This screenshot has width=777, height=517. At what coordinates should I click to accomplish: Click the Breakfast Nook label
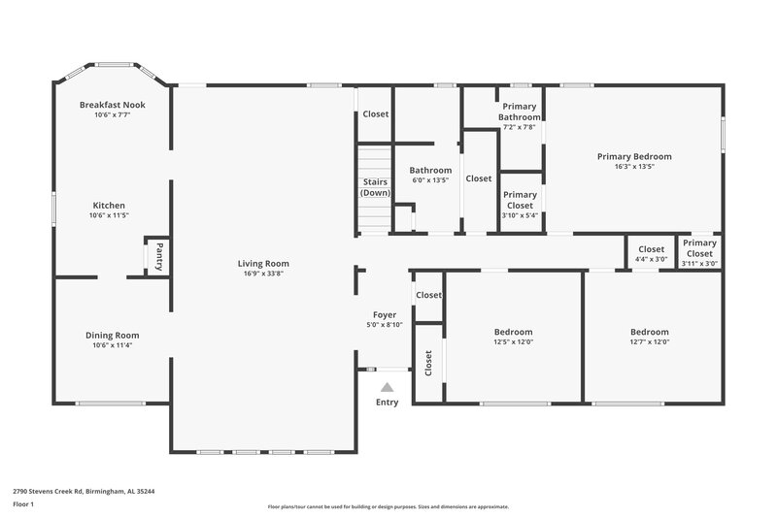point(112,104)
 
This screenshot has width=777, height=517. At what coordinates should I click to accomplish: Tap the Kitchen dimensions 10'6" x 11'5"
point(112,215)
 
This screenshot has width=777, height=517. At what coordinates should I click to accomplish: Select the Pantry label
point(158,257)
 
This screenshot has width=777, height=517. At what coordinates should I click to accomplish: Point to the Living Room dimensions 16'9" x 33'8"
point(263,274)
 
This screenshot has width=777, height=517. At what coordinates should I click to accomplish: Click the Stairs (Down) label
point(375,187)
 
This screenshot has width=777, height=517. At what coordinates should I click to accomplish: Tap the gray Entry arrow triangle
point(387,387)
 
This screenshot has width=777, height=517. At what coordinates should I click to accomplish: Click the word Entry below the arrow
point(387,403)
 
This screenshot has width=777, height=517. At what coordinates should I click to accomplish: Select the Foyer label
point(385,315)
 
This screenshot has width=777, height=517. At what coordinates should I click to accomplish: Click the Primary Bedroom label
point(633,156)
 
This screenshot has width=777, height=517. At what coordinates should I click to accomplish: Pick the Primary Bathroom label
point(520,112)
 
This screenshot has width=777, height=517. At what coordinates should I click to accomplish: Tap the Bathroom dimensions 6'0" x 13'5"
point(430,180)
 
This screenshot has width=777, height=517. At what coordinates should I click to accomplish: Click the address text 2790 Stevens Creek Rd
point(84,491)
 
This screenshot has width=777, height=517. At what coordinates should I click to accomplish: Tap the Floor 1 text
point(23,505)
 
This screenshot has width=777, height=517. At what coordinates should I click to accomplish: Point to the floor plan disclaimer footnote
point(388,506)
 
